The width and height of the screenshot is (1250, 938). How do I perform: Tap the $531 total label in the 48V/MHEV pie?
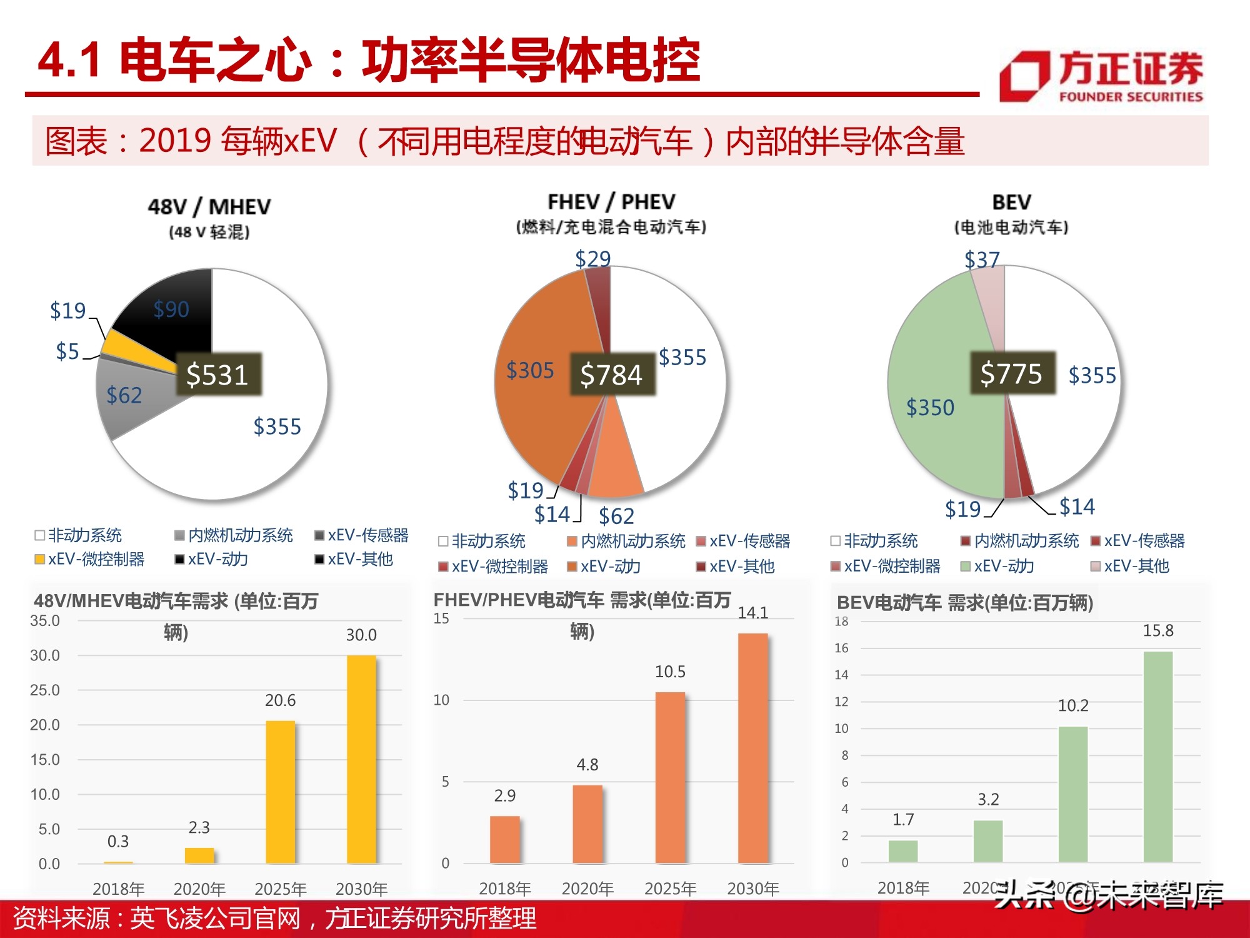[x=217, y=375]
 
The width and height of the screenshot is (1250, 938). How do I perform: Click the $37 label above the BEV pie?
[x=982, y=260]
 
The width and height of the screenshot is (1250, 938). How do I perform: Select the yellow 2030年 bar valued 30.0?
[x=361, y=759]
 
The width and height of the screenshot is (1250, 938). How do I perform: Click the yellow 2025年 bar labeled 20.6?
[x=280, y=792]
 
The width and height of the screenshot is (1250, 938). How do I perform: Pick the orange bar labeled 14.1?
[x=752, y=748]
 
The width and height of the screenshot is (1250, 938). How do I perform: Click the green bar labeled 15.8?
[x=1157, y=757]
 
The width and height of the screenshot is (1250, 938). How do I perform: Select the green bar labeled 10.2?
[x=1072, y=794]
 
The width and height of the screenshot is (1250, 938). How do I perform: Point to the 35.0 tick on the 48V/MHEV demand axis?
[x=45, y=621]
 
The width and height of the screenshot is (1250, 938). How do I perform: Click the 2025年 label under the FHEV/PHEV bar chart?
[x=670, y=889]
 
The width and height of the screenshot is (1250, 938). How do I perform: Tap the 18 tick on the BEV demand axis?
[x=841, y=622]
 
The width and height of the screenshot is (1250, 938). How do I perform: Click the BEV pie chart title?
[x=1011, y=202]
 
